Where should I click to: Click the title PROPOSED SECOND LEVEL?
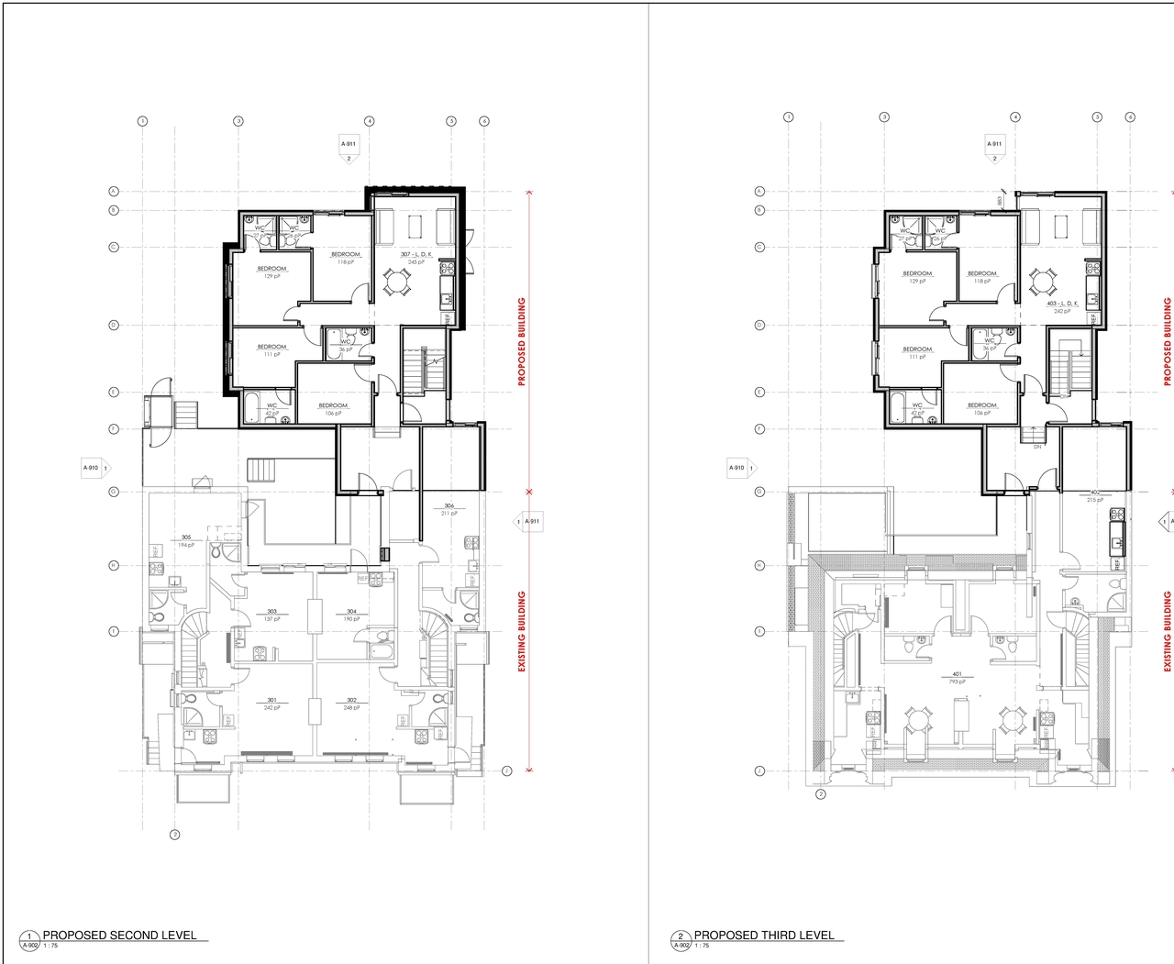click(x=119, y=936)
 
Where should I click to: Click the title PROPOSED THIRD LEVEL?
click(x=764, y=936)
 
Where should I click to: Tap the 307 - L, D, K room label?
click(x=415, y=254)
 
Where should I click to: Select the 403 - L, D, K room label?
click(x=1062, y=303)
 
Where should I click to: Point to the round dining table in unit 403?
click(x=1043, y=281)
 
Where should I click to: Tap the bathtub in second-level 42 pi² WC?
click(x=253, y=404)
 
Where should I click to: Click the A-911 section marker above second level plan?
click(x=349, y=144)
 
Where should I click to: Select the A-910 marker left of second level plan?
click(x=92, y=468)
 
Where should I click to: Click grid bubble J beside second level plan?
click(x=506, y=771)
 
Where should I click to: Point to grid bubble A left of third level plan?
click(x=759, y=192)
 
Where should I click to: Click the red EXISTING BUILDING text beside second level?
click(x=523, y=631)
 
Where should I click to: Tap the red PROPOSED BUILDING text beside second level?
click(x=523, y=341)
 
